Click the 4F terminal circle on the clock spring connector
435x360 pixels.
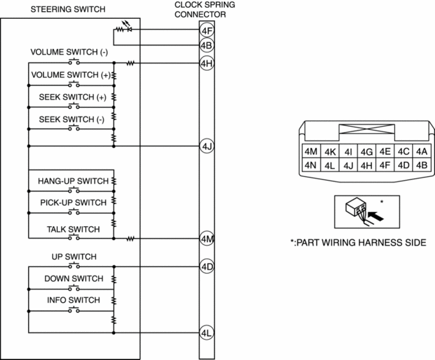pos(206,30)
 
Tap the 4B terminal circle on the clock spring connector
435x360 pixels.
pos(206,45)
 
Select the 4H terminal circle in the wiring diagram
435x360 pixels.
pos(206,63)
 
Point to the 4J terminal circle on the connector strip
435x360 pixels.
pos(206,146)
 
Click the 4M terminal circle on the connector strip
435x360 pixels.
pos(206,238)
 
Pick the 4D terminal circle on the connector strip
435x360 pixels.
pos(206,266)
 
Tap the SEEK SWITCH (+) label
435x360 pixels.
pos(72,97)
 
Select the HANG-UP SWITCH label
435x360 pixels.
pos(71,181)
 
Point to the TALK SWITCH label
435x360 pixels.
pos(73,229)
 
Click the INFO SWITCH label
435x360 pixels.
pos(73,300)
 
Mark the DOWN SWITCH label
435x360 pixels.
pos(73,279)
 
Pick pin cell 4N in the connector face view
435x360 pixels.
pos(310,164)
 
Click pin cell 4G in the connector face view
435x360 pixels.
pos(366,151)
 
